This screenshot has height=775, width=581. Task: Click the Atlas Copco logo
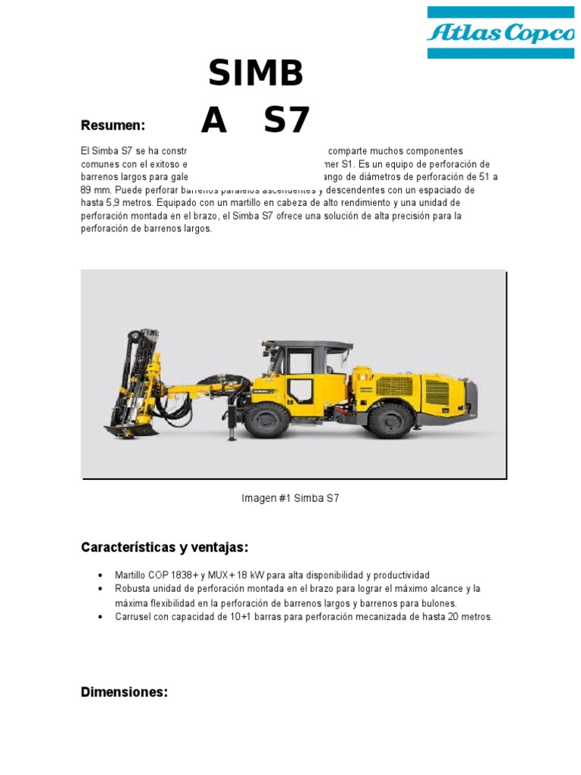point(500,33)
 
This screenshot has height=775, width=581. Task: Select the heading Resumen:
point(113,125)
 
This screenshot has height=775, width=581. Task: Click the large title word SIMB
point(256,73)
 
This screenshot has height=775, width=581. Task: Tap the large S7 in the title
point(287,120)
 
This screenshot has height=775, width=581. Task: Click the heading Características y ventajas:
point(164,547)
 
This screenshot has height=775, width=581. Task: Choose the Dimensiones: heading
point(124,692)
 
